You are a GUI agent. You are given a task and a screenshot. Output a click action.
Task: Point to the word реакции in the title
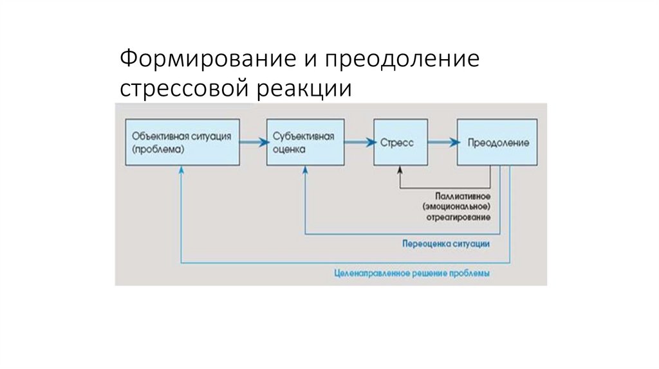pos(306,88)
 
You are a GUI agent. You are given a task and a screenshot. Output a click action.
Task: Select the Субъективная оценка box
pos(305,142)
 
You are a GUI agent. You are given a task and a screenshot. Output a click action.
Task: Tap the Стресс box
pos(400,142)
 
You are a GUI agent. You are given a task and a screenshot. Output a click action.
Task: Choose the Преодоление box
pos(497,142)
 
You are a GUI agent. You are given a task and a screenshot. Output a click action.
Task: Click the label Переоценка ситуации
pos(447,244)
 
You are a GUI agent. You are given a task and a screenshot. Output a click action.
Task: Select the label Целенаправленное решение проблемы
pos(413,273)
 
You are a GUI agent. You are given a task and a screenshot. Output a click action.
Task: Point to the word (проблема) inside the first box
pos(158,148)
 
